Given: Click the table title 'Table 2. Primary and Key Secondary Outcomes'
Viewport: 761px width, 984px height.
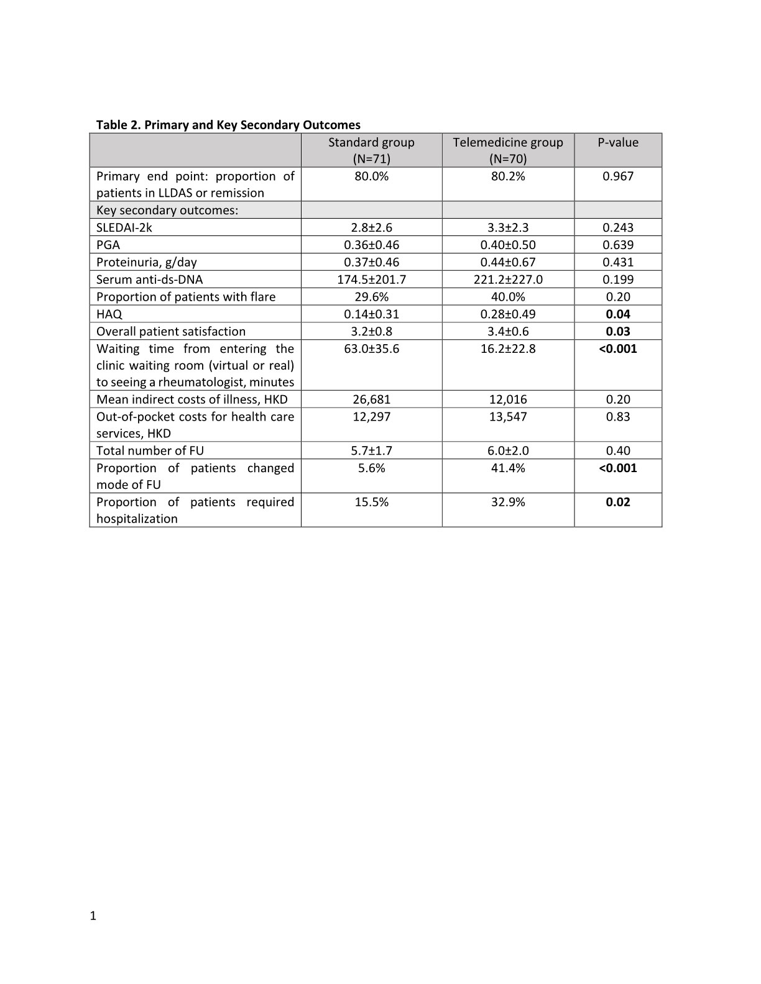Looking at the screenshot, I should point(228,125).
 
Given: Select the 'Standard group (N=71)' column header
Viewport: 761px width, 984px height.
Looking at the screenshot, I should point(371,150).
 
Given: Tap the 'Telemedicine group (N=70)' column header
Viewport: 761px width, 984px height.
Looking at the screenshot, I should point(508,150).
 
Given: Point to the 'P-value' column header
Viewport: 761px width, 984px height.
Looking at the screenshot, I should point(618,142).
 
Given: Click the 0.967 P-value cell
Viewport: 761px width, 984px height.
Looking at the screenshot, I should point(618,176).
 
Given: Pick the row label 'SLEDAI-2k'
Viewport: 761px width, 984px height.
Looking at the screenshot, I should point(124,227).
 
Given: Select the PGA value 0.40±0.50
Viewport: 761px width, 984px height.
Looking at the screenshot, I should point(508,245).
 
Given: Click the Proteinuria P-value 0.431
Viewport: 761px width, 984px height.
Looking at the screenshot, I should point(618,262).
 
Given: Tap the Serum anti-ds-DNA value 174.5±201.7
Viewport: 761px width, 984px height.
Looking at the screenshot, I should point(371,280).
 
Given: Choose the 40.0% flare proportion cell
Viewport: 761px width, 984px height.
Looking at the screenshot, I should point(508,297).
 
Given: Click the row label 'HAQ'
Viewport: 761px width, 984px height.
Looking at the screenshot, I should point(109,314).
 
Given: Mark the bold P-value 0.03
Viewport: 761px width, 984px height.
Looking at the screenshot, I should point(618,332).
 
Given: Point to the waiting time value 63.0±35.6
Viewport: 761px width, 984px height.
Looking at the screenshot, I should point(371,349).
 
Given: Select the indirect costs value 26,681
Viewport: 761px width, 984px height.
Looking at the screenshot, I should point(371,399).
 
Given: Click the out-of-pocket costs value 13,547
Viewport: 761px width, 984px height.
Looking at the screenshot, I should point(508,417).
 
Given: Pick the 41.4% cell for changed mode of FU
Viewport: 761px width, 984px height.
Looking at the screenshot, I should point(508,468).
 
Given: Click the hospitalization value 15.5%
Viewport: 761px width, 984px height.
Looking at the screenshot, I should point(371,503).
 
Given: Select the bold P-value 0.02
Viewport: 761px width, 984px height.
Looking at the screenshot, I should point(618,503).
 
